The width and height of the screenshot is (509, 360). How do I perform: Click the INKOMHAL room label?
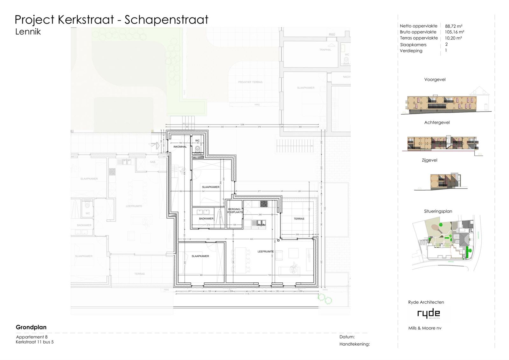click(x=180, y=147)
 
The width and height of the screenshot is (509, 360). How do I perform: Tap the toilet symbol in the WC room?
click(x=198, y=149)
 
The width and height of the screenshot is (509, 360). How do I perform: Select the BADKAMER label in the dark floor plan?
click(x=206, y=219)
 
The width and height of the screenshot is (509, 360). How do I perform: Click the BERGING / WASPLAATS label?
click(x=235, y=211)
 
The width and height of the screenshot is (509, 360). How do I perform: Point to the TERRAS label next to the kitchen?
click(x=299, y=219)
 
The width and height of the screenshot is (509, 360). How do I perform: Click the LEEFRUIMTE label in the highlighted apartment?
click(x=266, y=251)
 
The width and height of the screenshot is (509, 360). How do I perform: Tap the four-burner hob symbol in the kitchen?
click(x=264, y=204)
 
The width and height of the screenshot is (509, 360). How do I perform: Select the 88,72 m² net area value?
click(x=453, y=26)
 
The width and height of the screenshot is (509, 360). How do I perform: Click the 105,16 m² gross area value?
click(x=454, y=32)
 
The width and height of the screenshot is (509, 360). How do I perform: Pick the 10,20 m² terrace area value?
click(x=453, y=38)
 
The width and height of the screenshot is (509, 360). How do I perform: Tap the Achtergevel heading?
click(x=437, y=123)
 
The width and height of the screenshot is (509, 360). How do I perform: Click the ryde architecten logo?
click(x=429, y=314)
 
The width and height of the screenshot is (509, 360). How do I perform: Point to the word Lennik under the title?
click(x=28, y=32)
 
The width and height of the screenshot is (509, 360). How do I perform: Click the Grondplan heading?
click(x=31, y=327)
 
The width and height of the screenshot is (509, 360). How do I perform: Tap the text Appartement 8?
click(x=32, y=337)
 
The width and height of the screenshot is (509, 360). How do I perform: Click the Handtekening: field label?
click(x=354, y=344)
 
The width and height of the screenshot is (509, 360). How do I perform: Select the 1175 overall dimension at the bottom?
click(x=247, y=294)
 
